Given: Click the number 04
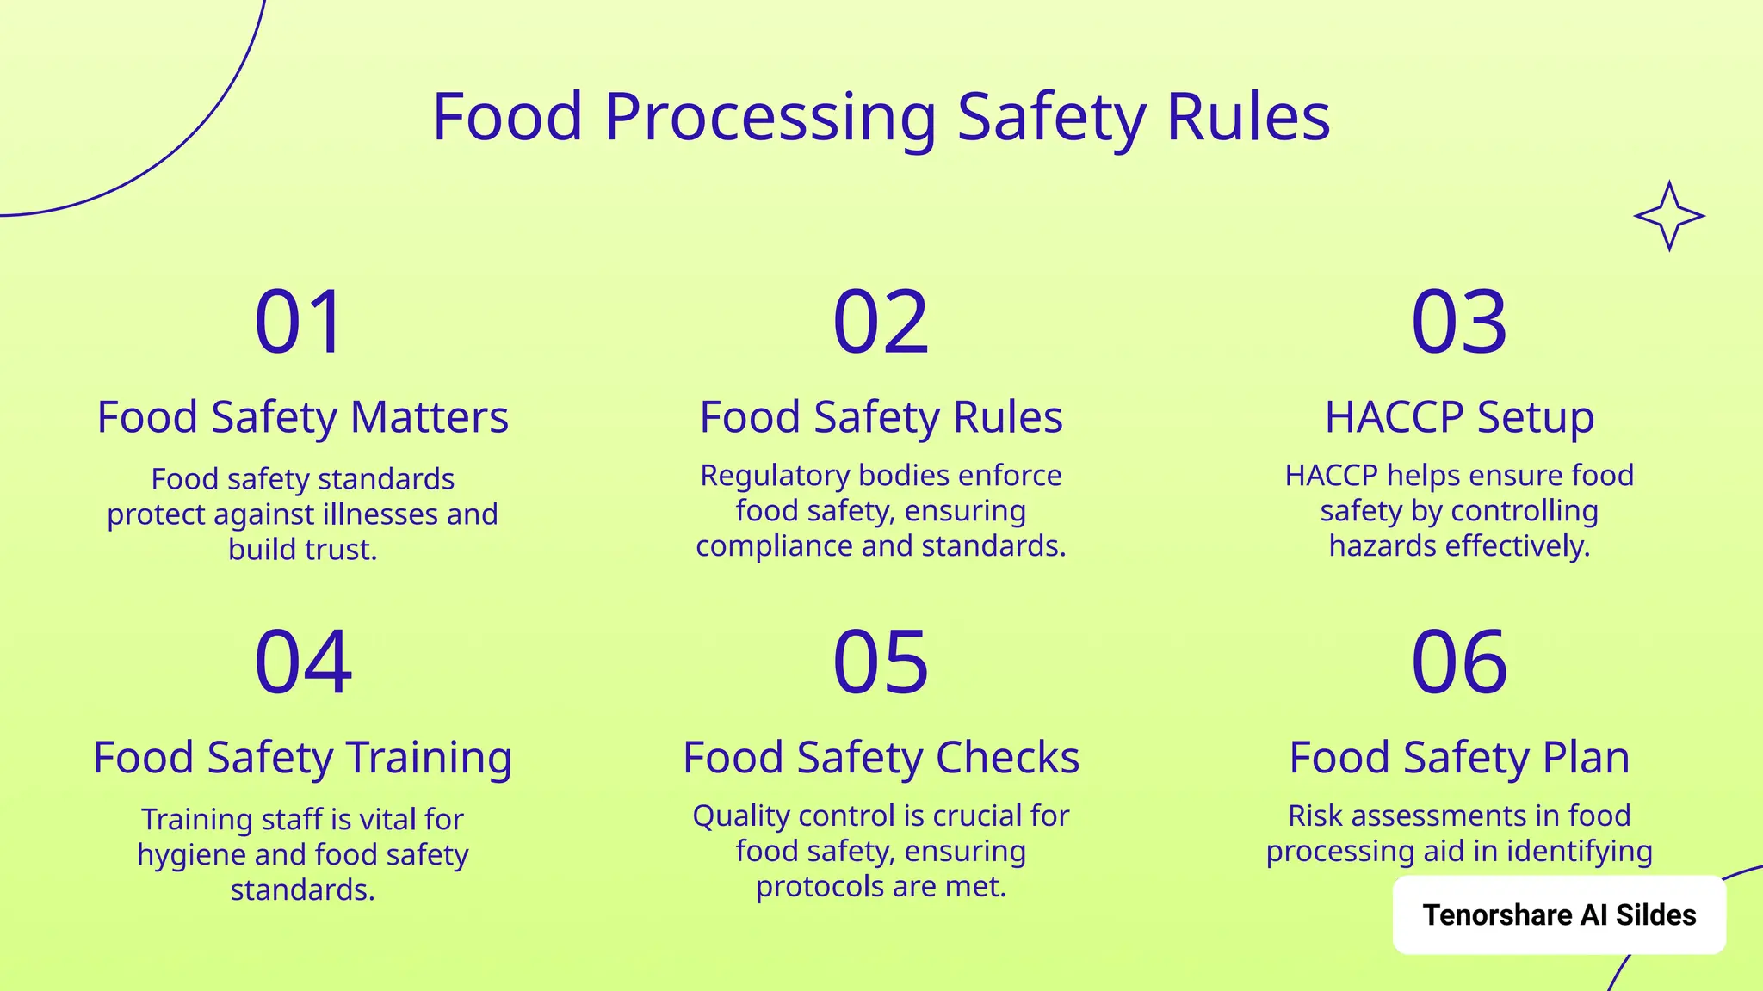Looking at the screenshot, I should [303, 662].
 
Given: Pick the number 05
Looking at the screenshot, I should [881, 662].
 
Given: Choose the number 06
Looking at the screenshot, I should [1459, 662].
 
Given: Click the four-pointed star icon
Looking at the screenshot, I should [1669, 216].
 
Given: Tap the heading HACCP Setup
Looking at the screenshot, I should [1459, 417].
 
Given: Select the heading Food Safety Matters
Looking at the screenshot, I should [303, 417].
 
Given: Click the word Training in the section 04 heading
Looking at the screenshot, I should [430, 758].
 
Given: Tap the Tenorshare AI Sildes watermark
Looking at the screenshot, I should [1559, 915].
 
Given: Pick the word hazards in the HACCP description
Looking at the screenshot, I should [1383, 546].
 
